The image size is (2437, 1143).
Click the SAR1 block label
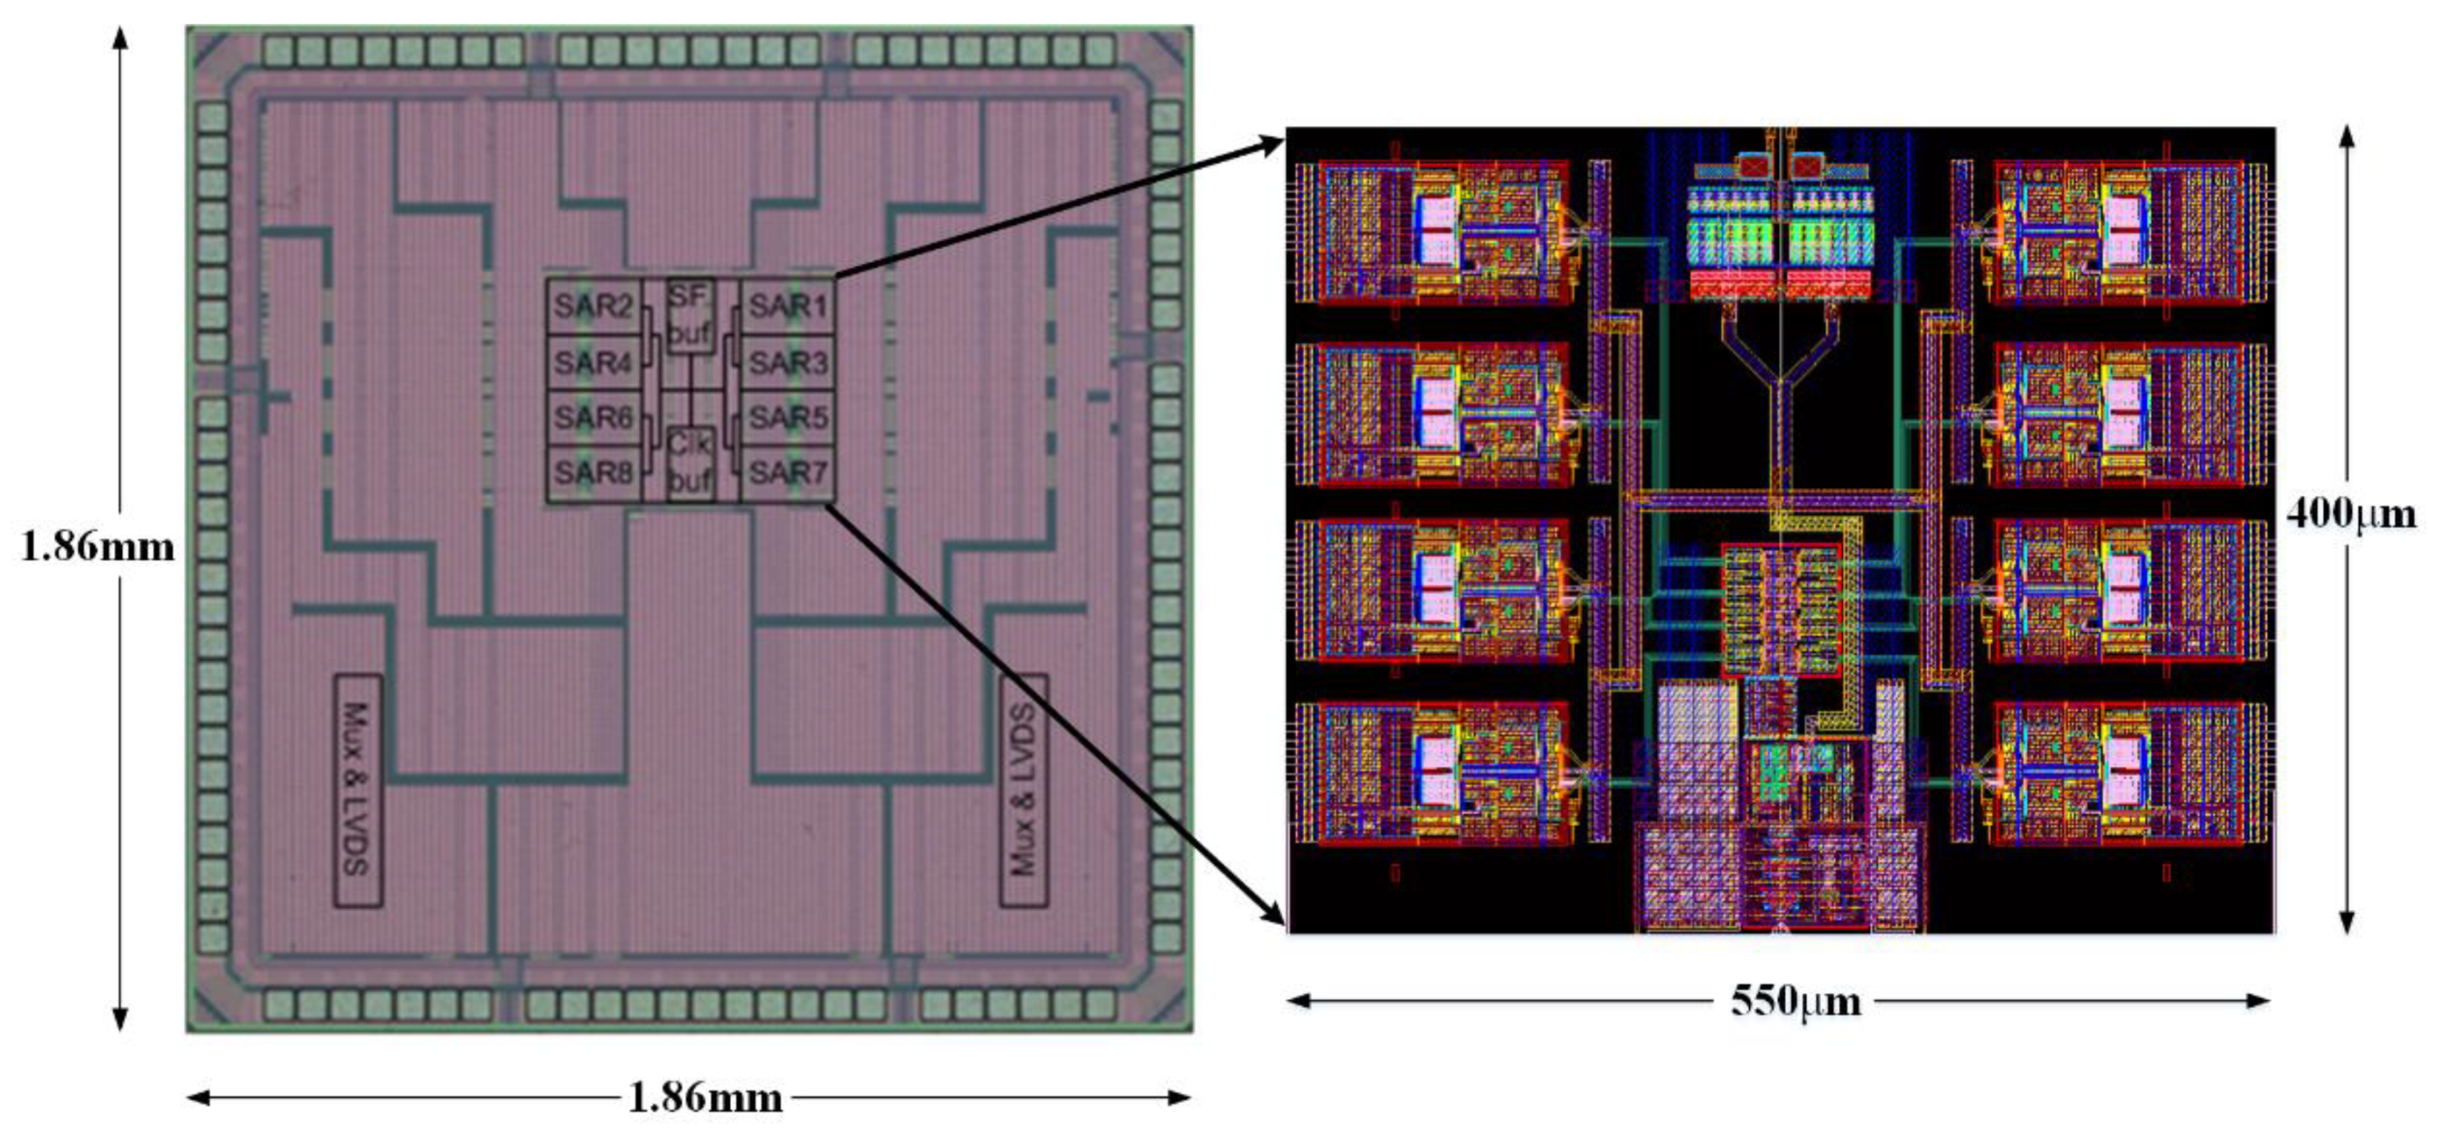(787, 307)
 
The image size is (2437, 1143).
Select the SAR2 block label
(593, 307)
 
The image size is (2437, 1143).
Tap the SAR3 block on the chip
(787, 363)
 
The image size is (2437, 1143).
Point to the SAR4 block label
(593, 363)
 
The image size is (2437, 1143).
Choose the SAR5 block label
(787, 417)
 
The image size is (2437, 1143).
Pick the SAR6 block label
(593, 417)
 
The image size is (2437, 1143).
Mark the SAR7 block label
(787, 472)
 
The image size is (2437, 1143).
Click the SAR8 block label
(593, 472)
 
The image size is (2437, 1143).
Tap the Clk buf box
(689, 462)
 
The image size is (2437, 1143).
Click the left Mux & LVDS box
(358, 790)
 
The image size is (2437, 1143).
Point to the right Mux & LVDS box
(1024, 790)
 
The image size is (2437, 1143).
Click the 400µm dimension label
(2351, 515)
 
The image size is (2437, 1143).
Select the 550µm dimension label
(1795, 1001)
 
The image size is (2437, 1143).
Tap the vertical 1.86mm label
(98, 547)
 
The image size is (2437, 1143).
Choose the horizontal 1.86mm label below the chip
(705, 1097)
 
